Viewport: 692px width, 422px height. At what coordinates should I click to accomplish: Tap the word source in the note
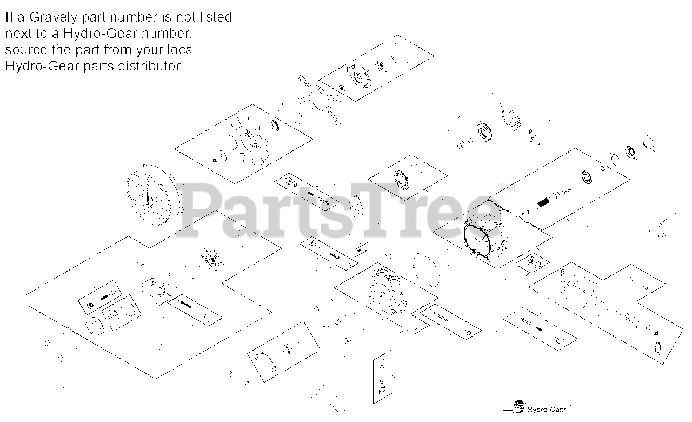(23, 50)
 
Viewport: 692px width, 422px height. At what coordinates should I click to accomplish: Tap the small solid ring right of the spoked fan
(275, 126)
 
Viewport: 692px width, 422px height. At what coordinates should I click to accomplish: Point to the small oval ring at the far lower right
(658, 346)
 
